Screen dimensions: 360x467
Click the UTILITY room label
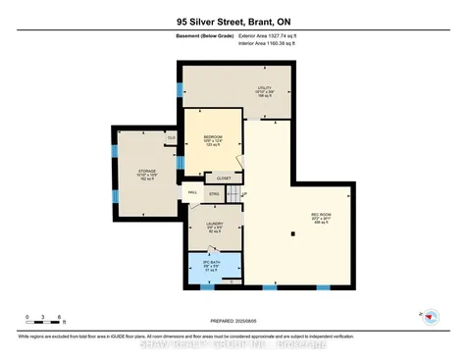pyautogui.click(x=264, y=89)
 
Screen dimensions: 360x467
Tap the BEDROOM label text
pyautogui.click(x=213, y=137)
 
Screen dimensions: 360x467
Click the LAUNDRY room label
pyautogui.click(x=213, y=226)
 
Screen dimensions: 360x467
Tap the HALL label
pyautogui.click(x=193, y=192)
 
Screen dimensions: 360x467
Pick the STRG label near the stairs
pyautogui.click(x=215, y=193)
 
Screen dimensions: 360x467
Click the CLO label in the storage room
pyautogui.click(x=171, y=138)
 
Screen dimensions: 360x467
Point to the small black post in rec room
pyautogui.click(x=293, y=232)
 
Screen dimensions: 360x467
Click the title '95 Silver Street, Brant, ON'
pyautogui.click(x=233, y=21)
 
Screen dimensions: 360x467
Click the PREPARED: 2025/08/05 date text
pyautogui.click(x=233, y=319)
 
